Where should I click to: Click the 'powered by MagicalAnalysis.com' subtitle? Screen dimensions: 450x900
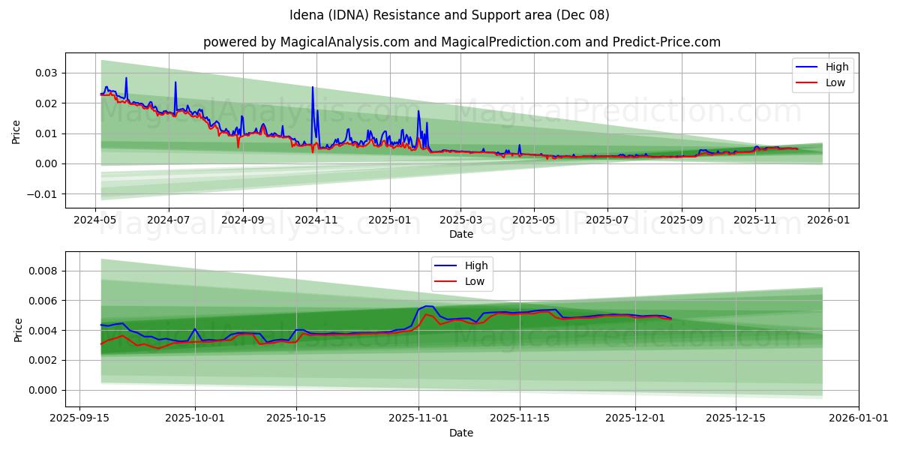(461, 42)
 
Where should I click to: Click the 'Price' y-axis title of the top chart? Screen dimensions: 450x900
(16, 130)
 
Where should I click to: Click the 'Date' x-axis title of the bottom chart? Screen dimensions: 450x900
(461, 433)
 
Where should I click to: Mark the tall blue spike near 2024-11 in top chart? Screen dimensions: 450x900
(313, 88)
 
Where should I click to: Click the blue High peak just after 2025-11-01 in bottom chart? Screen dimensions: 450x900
(427, 306)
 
